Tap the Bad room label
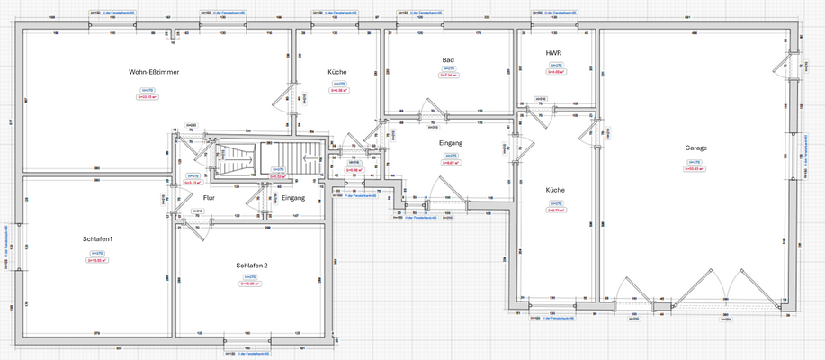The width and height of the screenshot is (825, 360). tap(448, 60)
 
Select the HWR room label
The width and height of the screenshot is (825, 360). tap(553, 54)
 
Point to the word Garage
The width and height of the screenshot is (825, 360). tap(695, 147)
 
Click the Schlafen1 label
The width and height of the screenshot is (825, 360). tap(97, 238)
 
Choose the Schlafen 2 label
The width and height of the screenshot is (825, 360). tap(252, 265)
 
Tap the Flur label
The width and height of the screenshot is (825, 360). tap(209, 197)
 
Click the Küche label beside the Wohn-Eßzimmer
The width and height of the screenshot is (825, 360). tap(337, 72)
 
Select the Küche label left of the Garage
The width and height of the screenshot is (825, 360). tap(555, 190)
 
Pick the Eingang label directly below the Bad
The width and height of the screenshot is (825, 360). tap(451, 143)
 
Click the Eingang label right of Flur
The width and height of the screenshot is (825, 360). tap(293, 197)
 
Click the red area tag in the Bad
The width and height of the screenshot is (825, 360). tap(448, 76)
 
